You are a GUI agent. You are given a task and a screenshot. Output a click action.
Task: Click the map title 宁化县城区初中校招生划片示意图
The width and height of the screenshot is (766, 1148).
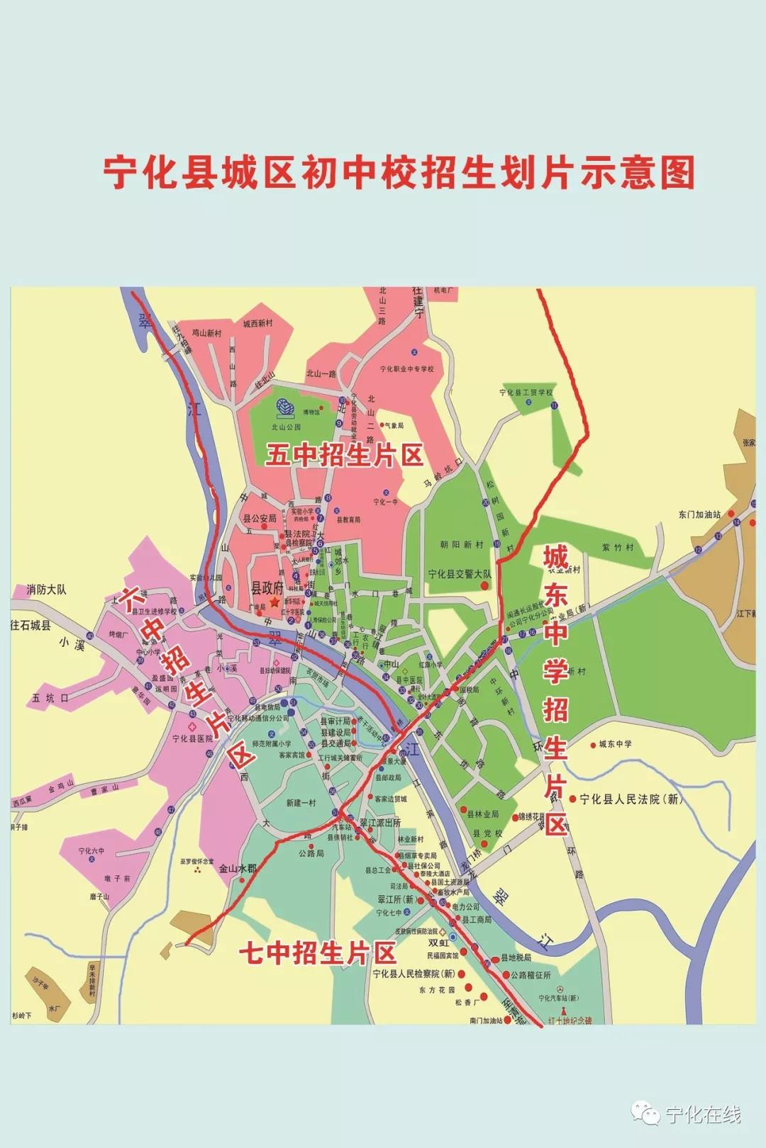point(399,172)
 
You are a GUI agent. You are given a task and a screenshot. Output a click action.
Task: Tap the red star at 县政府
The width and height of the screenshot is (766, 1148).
point(274,601)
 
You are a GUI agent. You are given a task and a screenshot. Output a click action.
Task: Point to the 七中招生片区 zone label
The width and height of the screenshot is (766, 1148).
point(317,953)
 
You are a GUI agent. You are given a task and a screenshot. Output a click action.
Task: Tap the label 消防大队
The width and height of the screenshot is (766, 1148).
point(47,589)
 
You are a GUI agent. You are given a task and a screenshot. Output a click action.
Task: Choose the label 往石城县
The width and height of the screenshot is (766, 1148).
point(30,625)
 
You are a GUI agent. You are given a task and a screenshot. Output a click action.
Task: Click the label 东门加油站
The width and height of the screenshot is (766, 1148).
point(699,514)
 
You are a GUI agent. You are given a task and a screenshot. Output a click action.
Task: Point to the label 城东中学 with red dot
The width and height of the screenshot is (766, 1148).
point(614,744)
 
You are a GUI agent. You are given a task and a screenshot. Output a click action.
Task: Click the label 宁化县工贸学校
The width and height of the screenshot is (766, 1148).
point(526,392)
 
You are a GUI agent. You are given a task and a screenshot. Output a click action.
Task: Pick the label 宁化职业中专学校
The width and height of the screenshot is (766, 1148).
point(406,368)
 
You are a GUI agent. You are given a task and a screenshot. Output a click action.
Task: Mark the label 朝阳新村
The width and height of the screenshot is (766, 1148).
point(461,544)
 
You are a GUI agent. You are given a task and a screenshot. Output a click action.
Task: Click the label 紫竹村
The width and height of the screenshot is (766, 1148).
point(618,547)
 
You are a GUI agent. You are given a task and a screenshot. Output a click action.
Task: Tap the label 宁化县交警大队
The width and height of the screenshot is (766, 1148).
point(459,574)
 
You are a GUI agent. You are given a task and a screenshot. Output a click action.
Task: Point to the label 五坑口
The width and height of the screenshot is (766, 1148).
point(50,697)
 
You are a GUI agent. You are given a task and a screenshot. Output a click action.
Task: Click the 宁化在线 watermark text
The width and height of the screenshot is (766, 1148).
point(703,1115)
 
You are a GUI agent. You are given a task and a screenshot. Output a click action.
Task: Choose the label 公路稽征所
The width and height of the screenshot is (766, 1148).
point(531,975)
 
